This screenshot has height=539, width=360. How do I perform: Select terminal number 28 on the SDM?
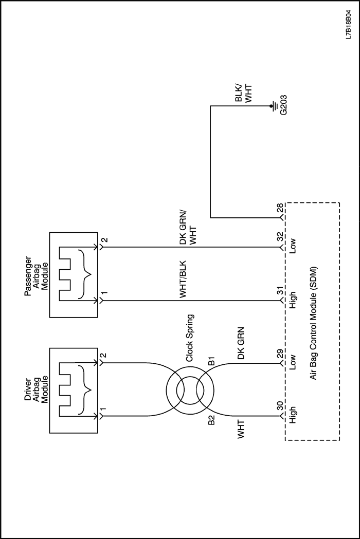(280, 209)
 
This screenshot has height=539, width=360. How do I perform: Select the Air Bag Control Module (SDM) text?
(313, 323)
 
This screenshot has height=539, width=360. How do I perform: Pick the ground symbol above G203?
(273, 106)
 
